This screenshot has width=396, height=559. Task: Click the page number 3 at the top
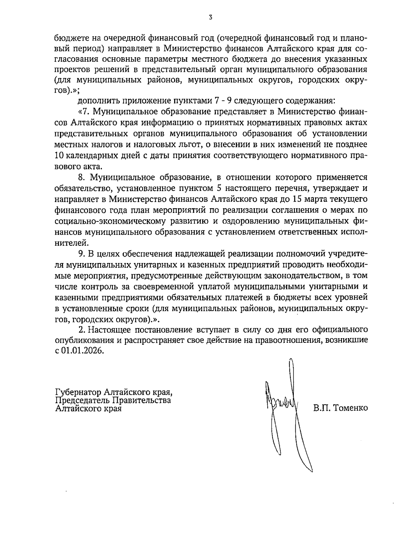click(211, 18)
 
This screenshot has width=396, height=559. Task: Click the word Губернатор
click(78, 393)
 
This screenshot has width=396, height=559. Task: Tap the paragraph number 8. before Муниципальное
click(82, 177)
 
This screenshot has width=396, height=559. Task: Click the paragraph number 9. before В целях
click(82, 254)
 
